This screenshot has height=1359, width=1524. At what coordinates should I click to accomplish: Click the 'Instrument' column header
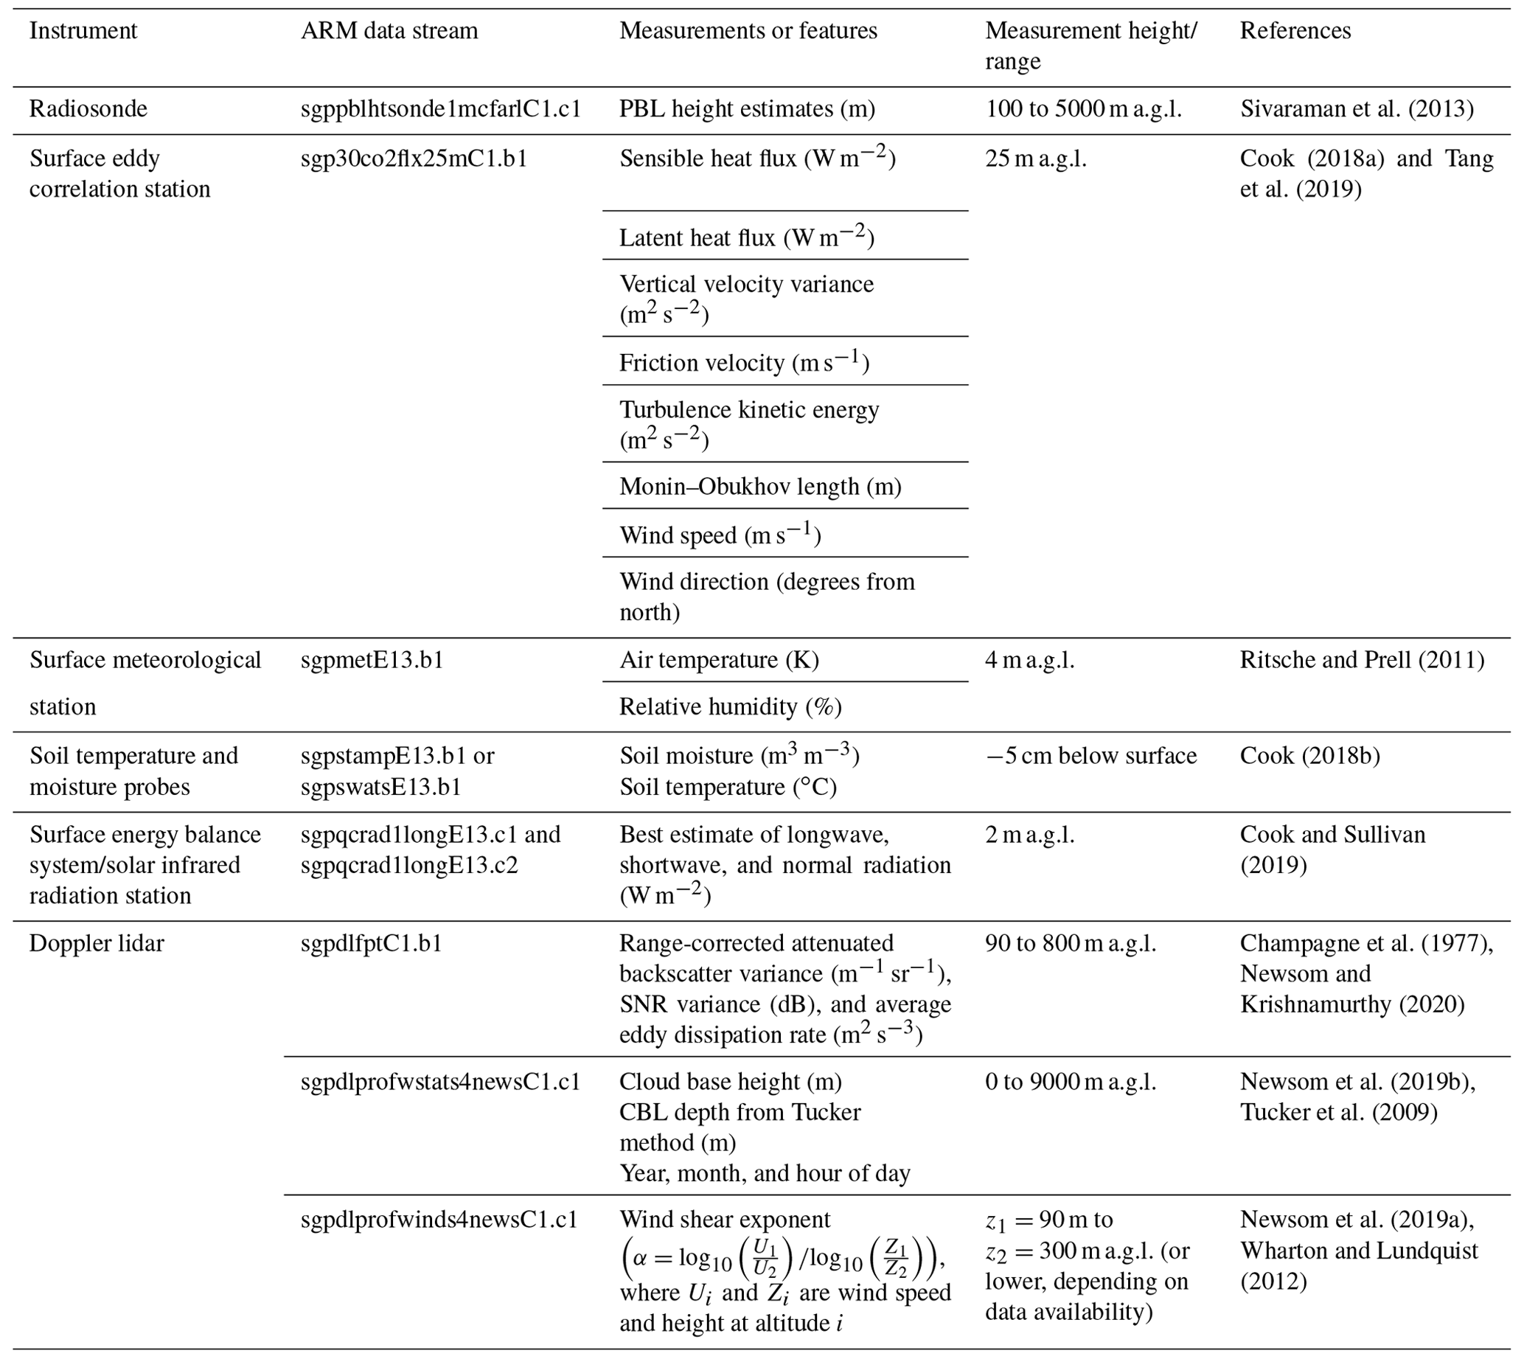point(83,31)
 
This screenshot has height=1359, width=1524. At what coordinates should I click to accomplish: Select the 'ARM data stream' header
point(389,31)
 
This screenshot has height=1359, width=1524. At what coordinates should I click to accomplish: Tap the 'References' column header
point(1295,31)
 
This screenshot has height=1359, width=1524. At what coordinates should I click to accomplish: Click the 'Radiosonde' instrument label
point(88,109)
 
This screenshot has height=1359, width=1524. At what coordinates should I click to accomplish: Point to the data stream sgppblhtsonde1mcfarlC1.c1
point(441,109)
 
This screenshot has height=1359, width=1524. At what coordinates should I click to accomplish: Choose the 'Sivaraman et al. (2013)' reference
point(1357,109)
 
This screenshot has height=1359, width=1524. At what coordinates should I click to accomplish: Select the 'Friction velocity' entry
point(745,363)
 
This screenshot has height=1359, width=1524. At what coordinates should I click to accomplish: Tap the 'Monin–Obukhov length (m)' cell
point(760,487)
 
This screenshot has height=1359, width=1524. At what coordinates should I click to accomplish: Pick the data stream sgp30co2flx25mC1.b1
point(414,159)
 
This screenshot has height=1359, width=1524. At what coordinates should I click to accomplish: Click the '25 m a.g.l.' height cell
point(1036,159)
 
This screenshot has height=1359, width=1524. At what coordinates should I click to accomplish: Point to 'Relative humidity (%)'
point(730,706)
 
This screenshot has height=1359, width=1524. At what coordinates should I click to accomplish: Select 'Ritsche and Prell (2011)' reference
point(1362,660)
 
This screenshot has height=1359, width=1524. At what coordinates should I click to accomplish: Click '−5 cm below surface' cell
point(1091,756)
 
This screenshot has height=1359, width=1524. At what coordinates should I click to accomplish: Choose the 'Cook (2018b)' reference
point(1309,756)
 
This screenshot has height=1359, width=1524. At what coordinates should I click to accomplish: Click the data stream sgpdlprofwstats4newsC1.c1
point(441,1081)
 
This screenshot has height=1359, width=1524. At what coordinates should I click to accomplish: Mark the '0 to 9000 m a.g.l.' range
point(1070,1081)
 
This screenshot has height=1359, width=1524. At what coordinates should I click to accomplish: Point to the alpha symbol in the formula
point(639,1258)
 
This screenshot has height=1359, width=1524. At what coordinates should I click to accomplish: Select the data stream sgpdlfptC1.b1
point(371,943)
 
